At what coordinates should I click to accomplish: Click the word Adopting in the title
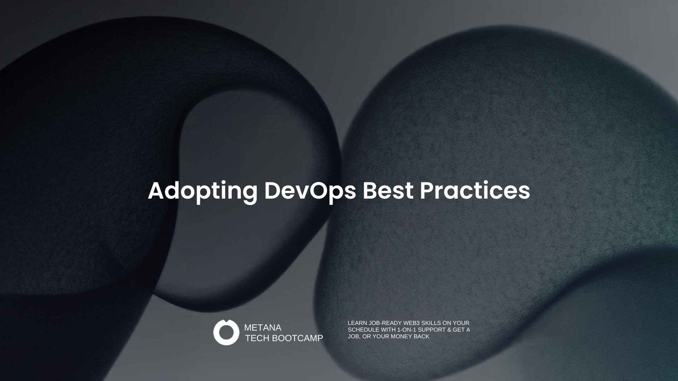coord(203,192)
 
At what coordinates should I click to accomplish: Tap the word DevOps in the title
coord(310,192)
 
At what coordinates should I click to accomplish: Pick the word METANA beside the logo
coord(263,328)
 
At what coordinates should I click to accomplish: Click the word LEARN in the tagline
coord(357,323)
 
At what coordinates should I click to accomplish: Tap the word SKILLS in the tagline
coord(431,323)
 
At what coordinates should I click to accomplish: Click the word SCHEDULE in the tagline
coord(363,330)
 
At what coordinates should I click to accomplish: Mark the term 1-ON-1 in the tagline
coord(407,330)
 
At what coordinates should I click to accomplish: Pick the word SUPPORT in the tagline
coord(432,330)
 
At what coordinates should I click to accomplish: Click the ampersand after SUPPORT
coord(449,330)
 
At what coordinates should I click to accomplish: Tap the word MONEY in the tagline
coord(402,337)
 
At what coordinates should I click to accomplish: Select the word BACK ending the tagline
coord(422,337)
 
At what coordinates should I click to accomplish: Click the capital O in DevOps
coord(319,191)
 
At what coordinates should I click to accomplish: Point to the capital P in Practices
coord(427,191)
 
